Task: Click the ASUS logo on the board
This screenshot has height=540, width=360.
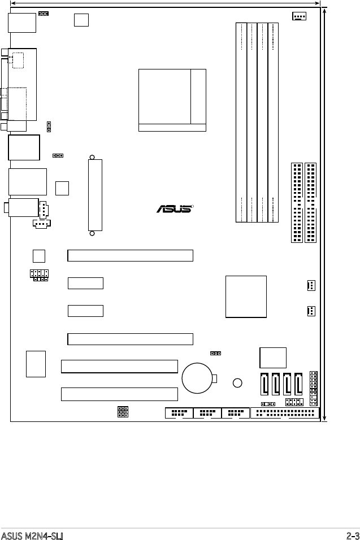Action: tap(175, 209)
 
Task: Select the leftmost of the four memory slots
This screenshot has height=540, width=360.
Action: tap(241, 121)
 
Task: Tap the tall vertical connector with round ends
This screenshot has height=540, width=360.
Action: tap(95, 195)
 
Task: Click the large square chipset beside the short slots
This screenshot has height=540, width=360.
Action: tap(246, 297)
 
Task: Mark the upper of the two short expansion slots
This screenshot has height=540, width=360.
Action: tap(85, 283)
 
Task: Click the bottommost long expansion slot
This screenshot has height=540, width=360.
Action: tap(119, 394)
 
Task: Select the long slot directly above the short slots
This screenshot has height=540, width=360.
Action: tap(131, 255)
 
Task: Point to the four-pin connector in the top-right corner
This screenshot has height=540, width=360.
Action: tap(299, 15)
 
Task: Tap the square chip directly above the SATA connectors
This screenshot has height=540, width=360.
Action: tap(273, 357)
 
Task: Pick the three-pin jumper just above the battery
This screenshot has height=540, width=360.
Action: tap(215, 353)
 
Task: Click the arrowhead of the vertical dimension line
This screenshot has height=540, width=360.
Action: tap(324, 10)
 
